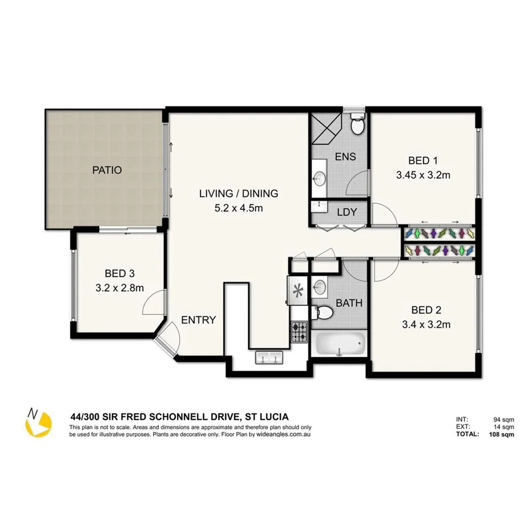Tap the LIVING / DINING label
[x=239, y=194]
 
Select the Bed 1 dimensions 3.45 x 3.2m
[x=423, y=175]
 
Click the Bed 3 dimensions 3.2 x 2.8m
[x=119, y=288]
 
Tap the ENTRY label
[x=198, y=320]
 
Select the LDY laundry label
[x=346, y=212]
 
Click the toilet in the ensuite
[x=357, y=124]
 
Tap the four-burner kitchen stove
[x=300, y=332]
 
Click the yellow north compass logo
[x=38, y=422]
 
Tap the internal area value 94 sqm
[x=505, y=420]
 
